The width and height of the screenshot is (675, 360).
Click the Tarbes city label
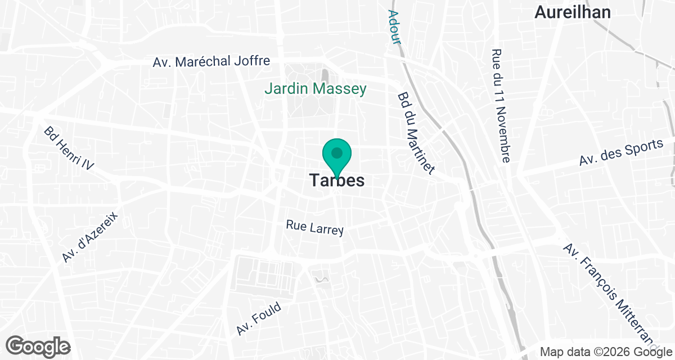[337, 181]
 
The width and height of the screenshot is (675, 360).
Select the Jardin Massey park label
[316, 88]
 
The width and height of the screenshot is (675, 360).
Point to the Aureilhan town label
[573, 12]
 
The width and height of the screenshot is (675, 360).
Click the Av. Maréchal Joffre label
[211, 61]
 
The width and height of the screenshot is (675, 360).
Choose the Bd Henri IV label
[69, 148]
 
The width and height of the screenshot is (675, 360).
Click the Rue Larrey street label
[314, 227]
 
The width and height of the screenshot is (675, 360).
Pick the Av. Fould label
[259, 318]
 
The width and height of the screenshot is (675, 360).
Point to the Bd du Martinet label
[417, 134]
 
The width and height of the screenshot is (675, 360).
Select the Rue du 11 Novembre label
[501, 105]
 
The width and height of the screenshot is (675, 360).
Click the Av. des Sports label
[622, 152]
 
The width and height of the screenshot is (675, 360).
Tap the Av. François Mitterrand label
[610, 295]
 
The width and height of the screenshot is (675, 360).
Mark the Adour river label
[394, 27]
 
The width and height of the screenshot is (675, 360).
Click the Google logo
[38, 346]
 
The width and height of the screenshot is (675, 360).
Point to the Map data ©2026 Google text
[605, 352]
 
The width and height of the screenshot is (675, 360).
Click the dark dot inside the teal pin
[337, 152]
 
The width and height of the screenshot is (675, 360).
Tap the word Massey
[340, 88]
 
